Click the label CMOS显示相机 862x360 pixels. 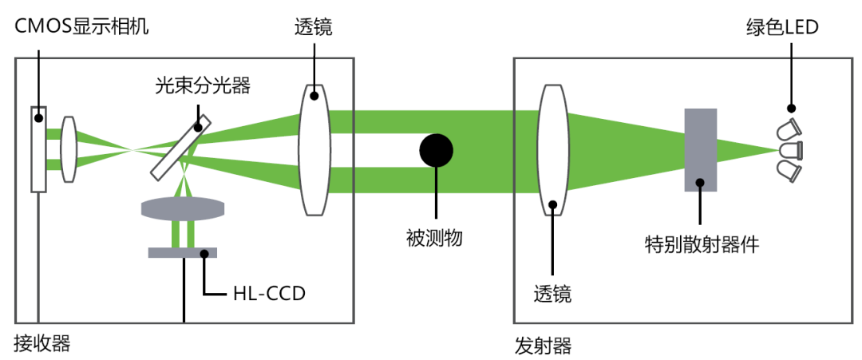pos(82,26)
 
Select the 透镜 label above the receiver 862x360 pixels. pos(313,27)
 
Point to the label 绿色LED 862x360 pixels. pos(782,27)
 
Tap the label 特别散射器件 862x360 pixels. pos(701,243)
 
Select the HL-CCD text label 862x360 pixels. pos(267,295)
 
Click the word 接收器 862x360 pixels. pos(42,343)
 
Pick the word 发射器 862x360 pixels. pos(543,346)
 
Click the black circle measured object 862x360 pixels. pos(436,149)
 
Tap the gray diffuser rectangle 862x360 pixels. pos(700,149)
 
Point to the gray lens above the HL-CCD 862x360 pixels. pos(183,209)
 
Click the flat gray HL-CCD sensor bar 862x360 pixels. pos(182,253)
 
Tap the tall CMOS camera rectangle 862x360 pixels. pos(38,149)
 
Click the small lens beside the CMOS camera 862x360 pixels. pos(69,149)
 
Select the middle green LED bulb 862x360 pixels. pos(789,149)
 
